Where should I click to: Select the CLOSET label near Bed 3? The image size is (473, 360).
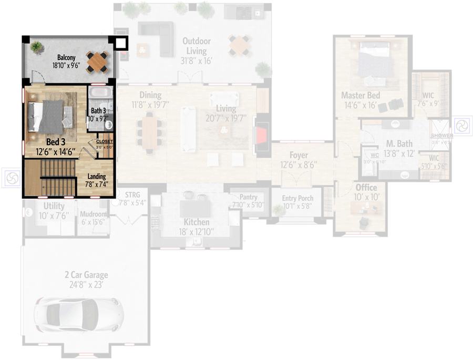coord(105,141)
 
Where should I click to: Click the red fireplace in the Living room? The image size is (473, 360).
coord(261,136)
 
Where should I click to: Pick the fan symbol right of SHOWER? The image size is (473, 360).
coord(462,126)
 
